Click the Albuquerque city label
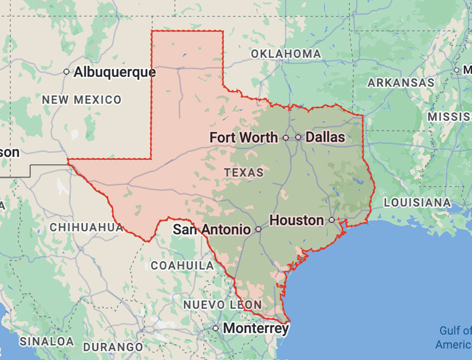pyautogui.click(x=114, y=72)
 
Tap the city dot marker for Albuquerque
pyautogui.click(x=66, y=72)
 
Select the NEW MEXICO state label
pyautogui.click(x=82, y=100)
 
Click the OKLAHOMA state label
pyautogui.click(x=286, y=54)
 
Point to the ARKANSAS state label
pyautogui.click(x=401, y=83)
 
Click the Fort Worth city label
pyautogui.click(x=244, y=137)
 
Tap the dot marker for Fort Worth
pyautogui.click(x=286, y=137)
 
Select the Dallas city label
pyautogui.click(x=325, y=137)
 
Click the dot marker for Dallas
pyautogui.click(x=298, y=137)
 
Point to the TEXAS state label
pyautogui.click(x=244, y=173)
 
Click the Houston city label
pyautogui.click(x=296, y=220)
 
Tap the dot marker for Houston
pyautogui.click(x=332, y=220)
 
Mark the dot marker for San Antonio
pyautogui.click(x=258, y=229)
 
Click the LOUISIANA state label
pyautogui.click(x=417, y=203)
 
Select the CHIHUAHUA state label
pyautogui.click(x=86, y=227)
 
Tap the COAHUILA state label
pyautogui.click(x=182, y=265)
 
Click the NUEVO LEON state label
pyautogui.click(x=222, y=305)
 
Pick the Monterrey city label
pyautogui.click(x=256, y=328)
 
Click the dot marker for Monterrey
pyautogui.click(x=216, y=328)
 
